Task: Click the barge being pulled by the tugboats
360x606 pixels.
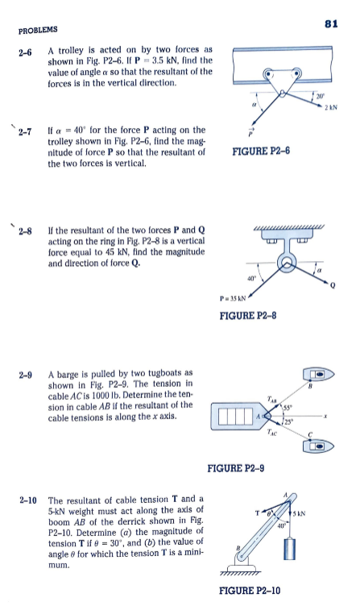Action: pos(233,417)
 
